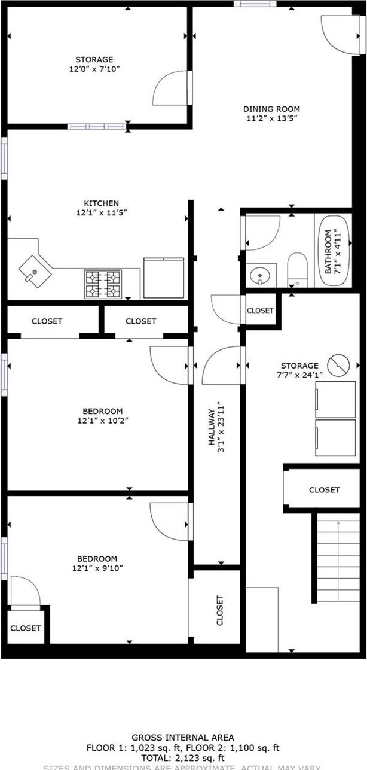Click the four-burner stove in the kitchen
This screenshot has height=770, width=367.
click(103, 284)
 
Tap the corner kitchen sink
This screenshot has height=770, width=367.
click(32, 269)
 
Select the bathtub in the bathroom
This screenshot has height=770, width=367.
click(334, 251)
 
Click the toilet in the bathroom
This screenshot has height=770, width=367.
click(296, 269)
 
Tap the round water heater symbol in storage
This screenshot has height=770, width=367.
click(340, 363)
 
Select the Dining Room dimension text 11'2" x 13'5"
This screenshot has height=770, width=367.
click(271, 118)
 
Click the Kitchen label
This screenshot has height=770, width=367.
click(101, 203)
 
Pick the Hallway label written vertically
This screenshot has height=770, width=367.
click(211, 426)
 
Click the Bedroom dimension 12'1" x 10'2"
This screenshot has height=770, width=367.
click(103, 421)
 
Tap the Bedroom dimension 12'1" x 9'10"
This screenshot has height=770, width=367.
click(100, 568)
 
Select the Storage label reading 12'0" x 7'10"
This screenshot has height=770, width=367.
click(94, 69)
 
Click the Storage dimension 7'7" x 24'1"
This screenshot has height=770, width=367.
click(300, 375)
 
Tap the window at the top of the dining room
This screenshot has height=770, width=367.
click(255, 4)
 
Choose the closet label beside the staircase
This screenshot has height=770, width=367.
click(324, 489)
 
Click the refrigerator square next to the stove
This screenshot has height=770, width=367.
click(163, 278)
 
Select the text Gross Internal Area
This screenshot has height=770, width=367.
click(183, 738)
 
